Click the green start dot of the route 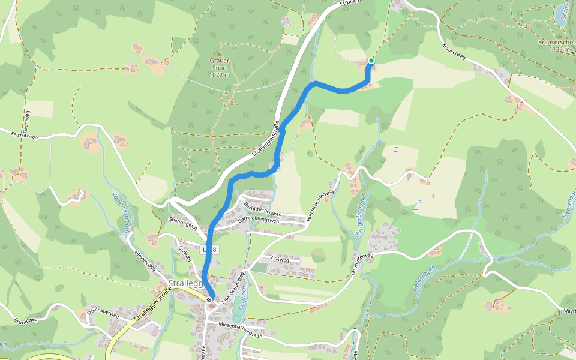(371, 61)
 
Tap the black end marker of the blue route (209, 299)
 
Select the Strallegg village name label (187, 283)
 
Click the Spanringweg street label (183, 223)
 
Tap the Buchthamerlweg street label (263, 209)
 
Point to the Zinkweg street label (280, 260)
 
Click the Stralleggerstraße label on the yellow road (149, 306)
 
